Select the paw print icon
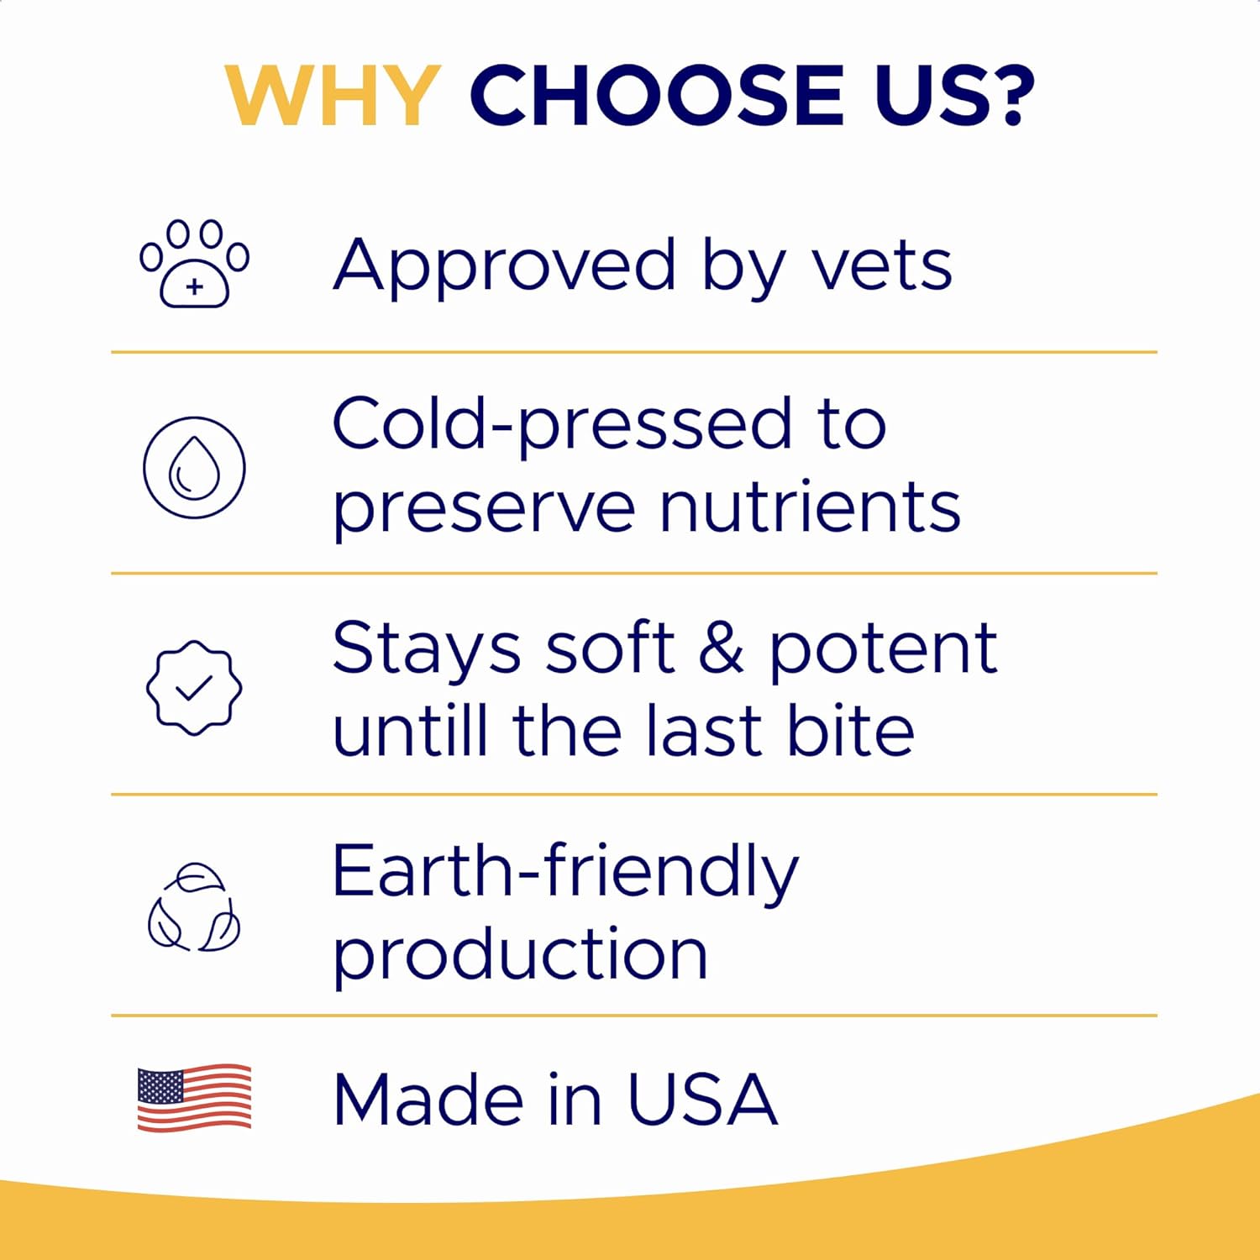pos(194,264)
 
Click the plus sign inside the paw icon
pos(195,287)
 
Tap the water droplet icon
pos(194,467)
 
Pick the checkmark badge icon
pos(194,688)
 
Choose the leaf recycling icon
pos(194,907)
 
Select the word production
pos(520,957)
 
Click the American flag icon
pos(194,1098)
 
